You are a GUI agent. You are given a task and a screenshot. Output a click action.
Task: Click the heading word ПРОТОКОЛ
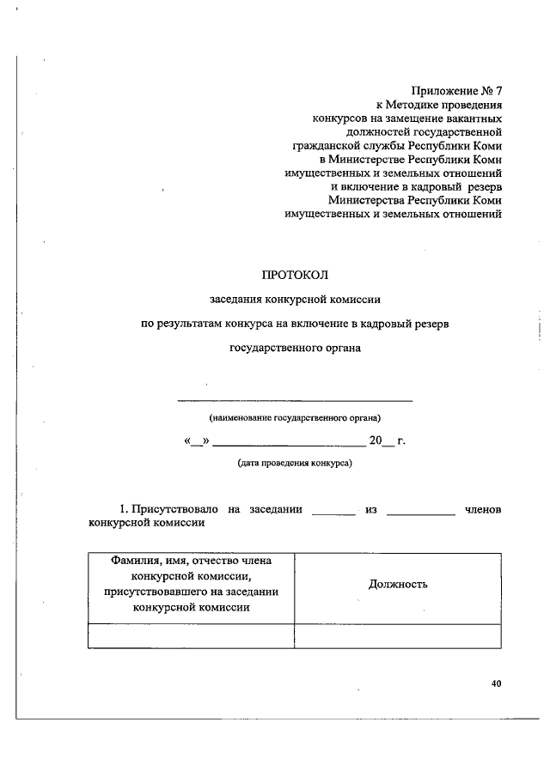coord(295,276)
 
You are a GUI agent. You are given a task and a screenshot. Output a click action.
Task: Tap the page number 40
coord(496,683)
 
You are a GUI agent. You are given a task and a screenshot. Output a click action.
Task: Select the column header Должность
coord(398,585)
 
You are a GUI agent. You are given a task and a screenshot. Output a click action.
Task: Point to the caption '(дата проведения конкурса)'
coord(295,463)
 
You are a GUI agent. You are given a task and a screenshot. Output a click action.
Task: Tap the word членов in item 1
coord(482,509)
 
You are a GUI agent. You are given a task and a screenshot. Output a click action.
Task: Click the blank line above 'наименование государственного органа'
coord(295,400)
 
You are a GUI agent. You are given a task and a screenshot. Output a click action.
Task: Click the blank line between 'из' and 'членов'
coord(421,513)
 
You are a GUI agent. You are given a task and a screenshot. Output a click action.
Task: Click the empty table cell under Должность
coord(398,635)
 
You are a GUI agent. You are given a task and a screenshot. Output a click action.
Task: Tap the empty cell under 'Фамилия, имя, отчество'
coord(191,635)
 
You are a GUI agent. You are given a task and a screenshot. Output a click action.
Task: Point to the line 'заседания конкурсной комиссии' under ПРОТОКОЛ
coord(295,300)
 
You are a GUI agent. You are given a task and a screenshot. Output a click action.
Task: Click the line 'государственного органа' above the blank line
coord(295,349)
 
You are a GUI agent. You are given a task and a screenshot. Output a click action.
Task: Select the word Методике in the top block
coord(445,105)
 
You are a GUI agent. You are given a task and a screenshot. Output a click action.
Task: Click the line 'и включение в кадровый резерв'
coord(416,186)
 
